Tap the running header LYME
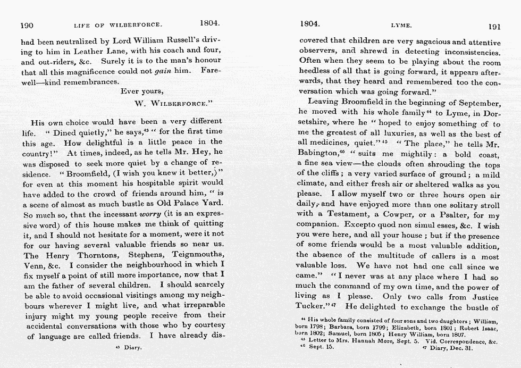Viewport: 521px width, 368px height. (399, 24)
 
